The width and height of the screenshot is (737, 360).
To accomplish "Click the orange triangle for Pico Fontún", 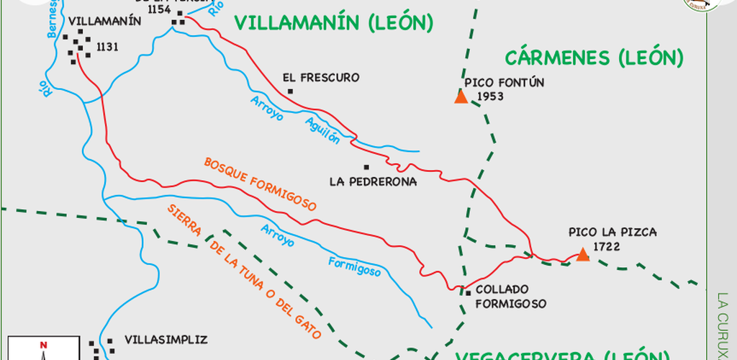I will click(x=461, y=97).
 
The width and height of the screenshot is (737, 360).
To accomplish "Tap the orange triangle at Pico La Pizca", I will click(x=582, y=255).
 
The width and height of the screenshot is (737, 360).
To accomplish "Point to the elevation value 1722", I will click(x=607, y=246).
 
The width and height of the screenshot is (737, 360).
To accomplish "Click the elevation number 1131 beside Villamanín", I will click(x=107, y=48).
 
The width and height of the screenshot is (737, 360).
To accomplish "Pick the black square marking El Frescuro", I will click(x=290, y=91).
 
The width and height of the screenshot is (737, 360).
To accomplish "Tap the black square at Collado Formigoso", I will click(x=468, y=292).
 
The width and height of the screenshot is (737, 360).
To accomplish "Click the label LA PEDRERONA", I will click(x=373, y=181).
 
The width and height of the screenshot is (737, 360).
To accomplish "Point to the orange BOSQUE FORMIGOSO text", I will click(x=261, y=184).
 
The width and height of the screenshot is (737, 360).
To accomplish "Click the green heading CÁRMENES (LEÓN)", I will click(x=593, y=58).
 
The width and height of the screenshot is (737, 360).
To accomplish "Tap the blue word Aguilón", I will click(x=322, y=129).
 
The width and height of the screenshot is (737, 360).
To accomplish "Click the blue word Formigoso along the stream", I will click(x=354, y=266).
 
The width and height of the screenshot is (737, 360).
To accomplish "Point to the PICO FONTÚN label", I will click(x=505, y=82).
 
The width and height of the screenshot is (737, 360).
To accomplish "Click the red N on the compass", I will click(x=44, y=346).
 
